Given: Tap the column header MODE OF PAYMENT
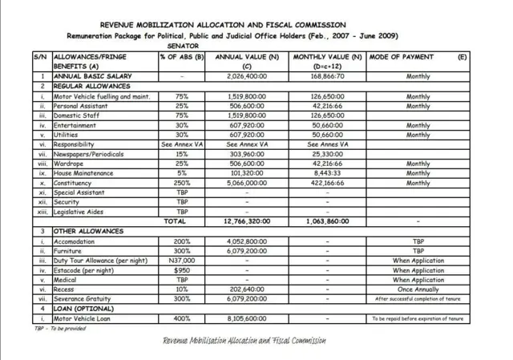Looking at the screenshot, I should tap(406, 58).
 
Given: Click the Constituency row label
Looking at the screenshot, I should tap(75, 183).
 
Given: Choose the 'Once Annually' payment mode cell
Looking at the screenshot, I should tap(418, 289).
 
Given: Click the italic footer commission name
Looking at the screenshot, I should tap(244, 341).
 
